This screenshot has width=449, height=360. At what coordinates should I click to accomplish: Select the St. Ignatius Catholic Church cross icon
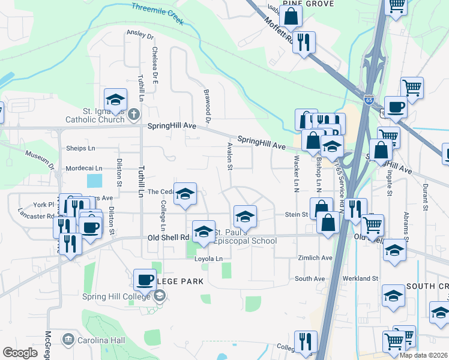click(x=134, y=114)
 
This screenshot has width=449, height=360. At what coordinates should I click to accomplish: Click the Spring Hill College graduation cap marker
click(x=159, y=296)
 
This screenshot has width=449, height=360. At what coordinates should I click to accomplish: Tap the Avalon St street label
click(x=230, y=155)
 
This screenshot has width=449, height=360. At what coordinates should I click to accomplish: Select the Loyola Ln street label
click(x=208, y=259)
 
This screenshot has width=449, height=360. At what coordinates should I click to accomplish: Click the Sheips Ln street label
click(x=80, y=148)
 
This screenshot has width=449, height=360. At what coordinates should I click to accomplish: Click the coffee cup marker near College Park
click(x=145, y=280)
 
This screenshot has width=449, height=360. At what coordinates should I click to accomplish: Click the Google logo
click(x=20, y=353)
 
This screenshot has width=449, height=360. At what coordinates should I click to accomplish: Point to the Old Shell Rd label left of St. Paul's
click(x=169, y=238)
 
